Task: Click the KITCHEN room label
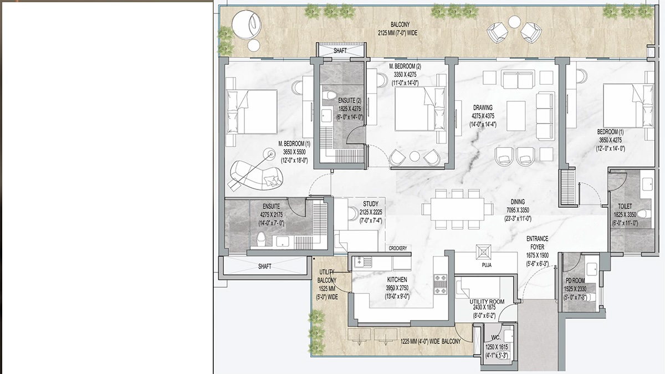click(x=397, y=280)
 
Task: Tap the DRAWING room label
click(x=483, y=107)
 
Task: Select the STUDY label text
click(x=371, y=204)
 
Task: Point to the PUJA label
click(x=487, y=265)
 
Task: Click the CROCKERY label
click(x=398, y=248)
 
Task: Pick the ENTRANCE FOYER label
click(x=538, y=243)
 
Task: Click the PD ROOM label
click(x=575, y=280)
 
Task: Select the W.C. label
click(x=496, y=337)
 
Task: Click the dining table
click(x=457, y=209)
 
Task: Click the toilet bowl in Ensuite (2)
click(x=329, y=95)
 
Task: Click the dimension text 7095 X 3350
click(x=518, y=210)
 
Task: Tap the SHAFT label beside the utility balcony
click(x=264, y=267)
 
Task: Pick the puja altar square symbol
click(x=483, y=252)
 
